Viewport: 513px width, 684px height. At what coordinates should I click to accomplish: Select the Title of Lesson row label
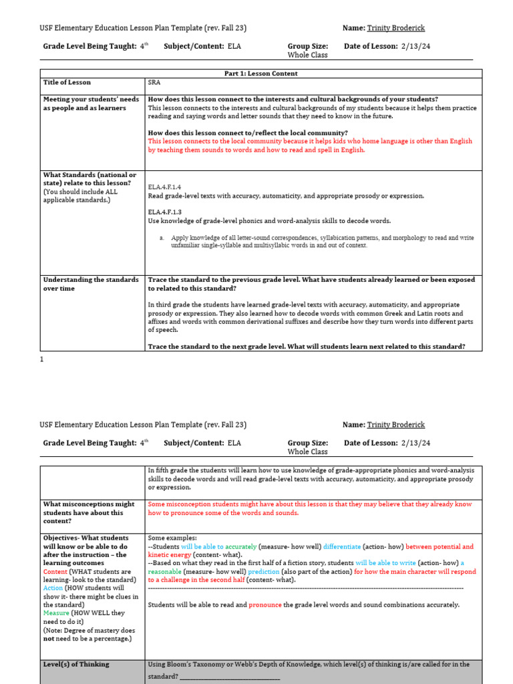pos(67,83)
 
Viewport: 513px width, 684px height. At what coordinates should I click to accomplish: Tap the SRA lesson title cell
pos(154,83)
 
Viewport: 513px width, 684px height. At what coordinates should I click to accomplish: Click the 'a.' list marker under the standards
pos(162,237)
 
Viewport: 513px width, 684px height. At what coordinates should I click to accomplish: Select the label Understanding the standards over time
pos(91,284)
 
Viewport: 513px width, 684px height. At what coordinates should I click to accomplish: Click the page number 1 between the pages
pos(42,359)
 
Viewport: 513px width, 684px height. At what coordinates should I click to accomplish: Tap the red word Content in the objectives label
pos(55,572)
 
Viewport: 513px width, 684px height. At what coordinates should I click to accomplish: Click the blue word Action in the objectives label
pos(53,588)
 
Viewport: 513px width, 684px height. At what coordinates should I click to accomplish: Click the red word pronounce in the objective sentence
pos(265,605)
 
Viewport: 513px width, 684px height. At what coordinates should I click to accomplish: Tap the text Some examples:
pos(172,538)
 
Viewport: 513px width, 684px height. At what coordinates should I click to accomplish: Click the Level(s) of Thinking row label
pos(76,665)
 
